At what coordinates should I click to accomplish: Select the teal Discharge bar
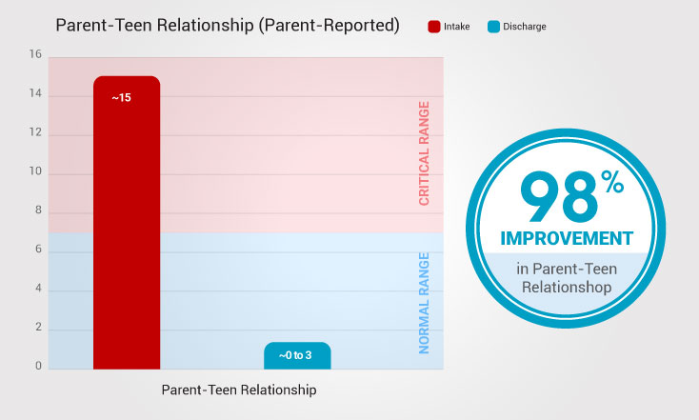[x=297, y=355]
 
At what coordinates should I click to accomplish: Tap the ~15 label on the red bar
[x=121, y=97]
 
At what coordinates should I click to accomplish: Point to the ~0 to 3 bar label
[x=297, y=356]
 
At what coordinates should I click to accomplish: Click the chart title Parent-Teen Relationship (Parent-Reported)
[x=227, y=26]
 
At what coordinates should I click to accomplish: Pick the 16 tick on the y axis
[x=36, y=55]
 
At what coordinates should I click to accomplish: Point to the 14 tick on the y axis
[x=36, y=94]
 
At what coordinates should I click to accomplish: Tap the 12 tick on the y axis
[x=36, y=133]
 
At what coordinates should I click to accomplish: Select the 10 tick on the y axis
[x=36, y=172]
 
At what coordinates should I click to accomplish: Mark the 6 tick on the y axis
[x=37, y=250]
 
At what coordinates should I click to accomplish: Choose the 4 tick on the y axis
[x=37, y=289]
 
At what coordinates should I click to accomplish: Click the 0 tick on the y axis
[x=37, y=366]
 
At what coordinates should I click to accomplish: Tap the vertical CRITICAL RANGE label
[x=425, y=153]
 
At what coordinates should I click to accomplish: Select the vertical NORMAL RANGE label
[x=425, y=303]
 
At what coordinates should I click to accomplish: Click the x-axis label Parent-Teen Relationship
[x=238, y=390]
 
